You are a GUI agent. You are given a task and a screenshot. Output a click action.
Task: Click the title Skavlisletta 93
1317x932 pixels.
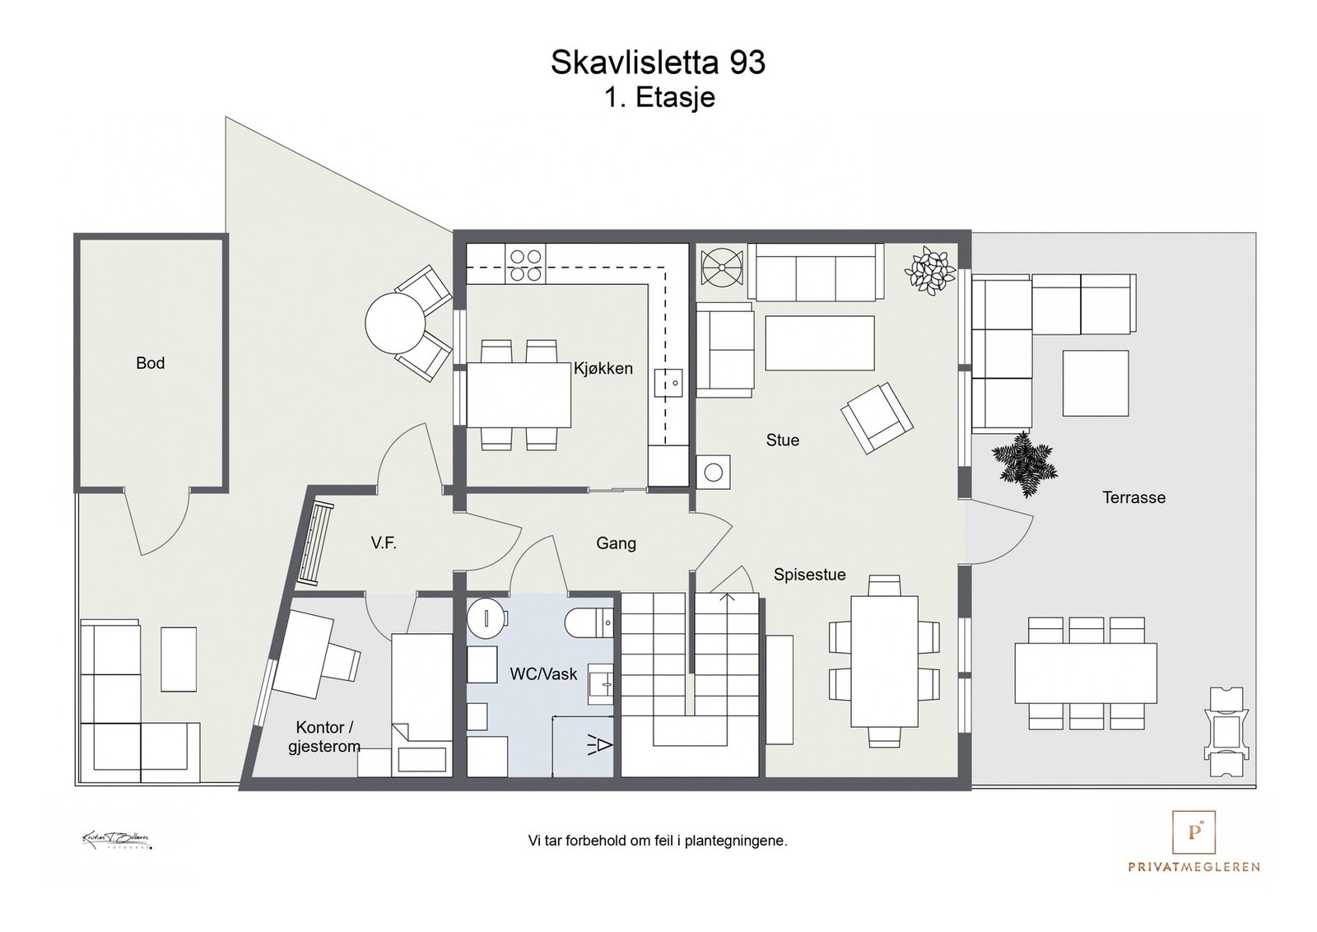658,63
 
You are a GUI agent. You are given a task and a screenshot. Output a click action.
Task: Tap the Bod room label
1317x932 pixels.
150,363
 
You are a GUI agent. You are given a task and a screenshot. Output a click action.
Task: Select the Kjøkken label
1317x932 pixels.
603,369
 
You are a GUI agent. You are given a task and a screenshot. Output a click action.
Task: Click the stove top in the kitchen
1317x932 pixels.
526,266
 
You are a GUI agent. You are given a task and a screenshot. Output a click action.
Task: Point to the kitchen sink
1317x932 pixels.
668,384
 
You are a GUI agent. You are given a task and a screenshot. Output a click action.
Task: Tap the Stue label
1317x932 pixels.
782,440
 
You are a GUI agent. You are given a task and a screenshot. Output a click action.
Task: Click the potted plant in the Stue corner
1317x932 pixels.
929,271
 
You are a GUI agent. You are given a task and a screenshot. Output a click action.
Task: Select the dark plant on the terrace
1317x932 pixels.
1023,464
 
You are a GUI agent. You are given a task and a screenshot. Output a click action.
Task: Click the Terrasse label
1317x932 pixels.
1133,497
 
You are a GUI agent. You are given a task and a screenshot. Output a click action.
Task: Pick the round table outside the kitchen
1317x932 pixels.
394,323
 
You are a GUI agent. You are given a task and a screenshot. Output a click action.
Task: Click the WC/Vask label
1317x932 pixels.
543,674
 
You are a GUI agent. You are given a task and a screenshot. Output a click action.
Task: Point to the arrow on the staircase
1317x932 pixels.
727,598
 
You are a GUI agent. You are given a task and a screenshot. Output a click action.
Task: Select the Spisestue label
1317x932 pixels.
809,575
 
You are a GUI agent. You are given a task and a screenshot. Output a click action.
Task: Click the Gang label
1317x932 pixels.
616,543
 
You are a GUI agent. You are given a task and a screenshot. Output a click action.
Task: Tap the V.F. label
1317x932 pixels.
384,543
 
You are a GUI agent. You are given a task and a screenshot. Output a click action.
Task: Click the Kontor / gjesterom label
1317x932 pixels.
324,737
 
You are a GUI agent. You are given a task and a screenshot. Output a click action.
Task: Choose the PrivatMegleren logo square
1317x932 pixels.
1194,832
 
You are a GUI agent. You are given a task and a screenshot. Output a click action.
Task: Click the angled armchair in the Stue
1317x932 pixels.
877,418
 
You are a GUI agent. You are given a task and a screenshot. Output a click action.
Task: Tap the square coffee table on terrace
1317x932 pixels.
1095,383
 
